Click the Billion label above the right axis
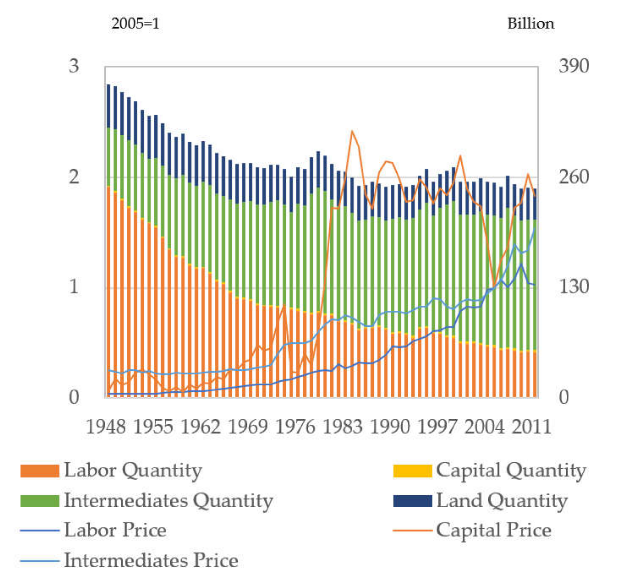pos(531,24)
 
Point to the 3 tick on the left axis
pos(74,66)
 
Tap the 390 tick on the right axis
pos(574,66)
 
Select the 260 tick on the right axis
pos(574,177)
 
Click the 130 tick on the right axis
pos(574,287)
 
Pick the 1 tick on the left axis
pos(74,287)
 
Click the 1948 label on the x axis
pos(106,427)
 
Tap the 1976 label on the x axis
pos(295,427)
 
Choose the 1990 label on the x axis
pos(390,427)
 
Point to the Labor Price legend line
pos(40,530)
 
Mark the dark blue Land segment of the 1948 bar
pos(108,106)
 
